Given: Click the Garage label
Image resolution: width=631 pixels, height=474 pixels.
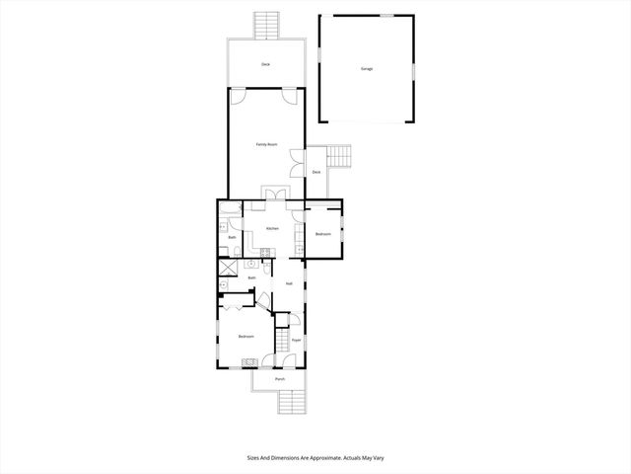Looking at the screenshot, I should (x=367, y=69).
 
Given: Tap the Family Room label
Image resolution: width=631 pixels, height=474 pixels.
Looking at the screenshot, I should (x=266, y=145).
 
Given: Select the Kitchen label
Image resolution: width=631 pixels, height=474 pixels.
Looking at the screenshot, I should (x=272, y=229).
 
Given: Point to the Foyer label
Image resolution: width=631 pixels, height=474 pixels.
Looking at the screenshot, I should (x=295, y=341).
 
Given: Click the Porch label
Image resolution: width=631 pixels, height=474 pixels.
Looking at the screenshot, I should (x=280, y=379).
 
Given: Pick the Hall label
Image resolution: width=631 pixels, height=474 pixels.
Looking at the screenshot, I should (x=289, y=283).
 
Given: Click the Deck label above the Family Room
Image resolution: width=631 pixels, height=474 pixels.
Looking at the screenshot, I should (x=265, y=64).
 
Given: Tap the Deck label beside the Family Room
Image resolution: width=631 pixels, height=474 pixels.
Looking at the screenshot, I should (x=316, y=172).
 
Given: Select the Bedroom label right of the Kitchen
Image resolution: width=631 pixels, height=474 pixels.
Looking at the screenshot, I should (x=323, y=234).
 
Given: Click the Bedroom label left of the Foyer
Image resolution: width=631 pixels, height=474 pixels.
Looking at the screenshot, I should (x=246, y=338).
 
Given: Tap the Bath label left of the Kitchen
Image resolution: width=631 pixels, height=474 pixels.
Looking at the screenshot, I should (x=232, y=238).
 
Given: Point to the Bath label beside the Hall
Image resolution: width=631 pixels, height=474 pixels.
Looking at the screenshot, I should (x=252, y=278).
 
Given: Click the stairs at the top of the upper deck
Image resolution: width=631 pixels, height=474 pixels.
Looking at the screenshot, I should (x=266, y=26).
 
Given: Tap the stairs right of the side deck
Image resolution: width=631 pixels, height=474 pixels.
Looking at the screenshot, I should (x=340, y=157).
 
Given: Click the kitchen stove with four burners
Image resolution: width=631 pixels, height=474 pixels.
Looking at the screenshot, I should (x=252, y=265).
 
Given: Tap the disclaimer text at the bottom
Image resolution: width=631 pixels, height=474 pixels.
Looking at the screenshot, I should (x=315, y=458).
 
